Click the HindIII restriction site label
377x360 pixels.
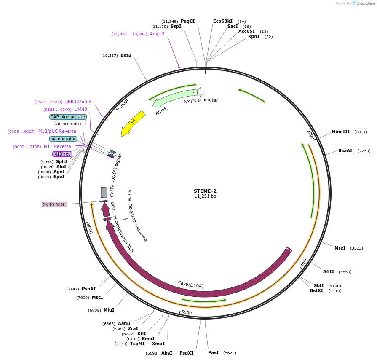(x=340, y=132)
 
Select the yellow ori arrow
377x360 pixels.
(x=132, y=123)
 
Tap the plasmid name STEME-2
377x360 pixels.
(x=205, y=191)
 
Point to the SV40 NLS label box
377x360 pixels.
(x=54, y=204)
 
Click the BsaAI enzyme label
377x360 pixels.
(x=345, y=150)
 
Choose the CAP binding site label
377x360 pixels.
(x=68, y=117)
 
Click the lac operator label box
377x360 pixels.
(x=63, y=139)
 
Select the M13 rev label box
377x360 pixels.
(x=62, y=154)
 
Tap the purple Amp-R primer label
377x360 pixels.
(x=157, y=34)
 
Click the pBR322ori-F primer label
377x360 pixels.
(x=78, y=102)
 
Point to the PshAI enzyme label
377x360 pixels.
(x=88, y=289)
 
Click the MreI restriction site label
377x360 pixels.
(x=340, y=248)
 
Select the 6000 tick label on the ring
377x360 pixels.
(x=186, y=312)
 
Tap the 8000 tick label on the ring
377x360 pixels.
(x=89, y=228)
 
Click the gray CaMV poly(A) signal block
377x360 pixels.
(x=104, y=192)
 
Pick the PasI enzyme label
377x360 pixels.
(x=213, y=352)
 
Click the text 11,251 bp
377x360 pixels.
(x=205, y=196)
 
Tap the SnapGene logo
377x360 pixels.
(x=364, y=3)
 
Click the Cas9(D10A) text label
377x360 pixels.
(x=190, y=285)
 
